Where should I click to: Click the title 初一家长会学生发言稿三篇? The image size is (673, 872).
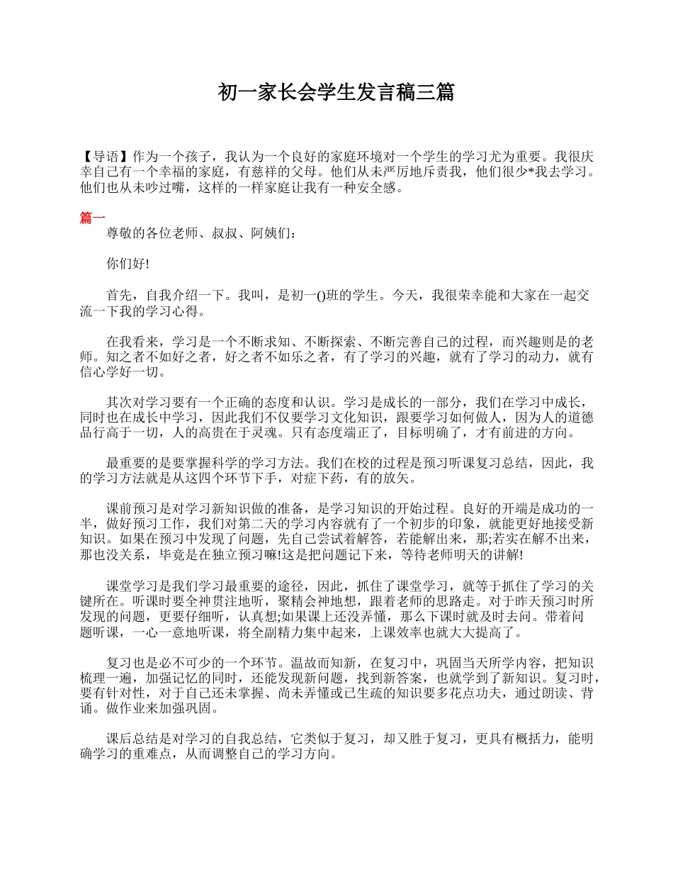tap(336, 92)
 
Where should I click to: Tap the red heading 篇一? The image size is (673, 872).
tap(93, 218)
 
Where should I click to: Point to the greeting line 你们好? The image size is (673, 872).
tap(128, 264)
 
